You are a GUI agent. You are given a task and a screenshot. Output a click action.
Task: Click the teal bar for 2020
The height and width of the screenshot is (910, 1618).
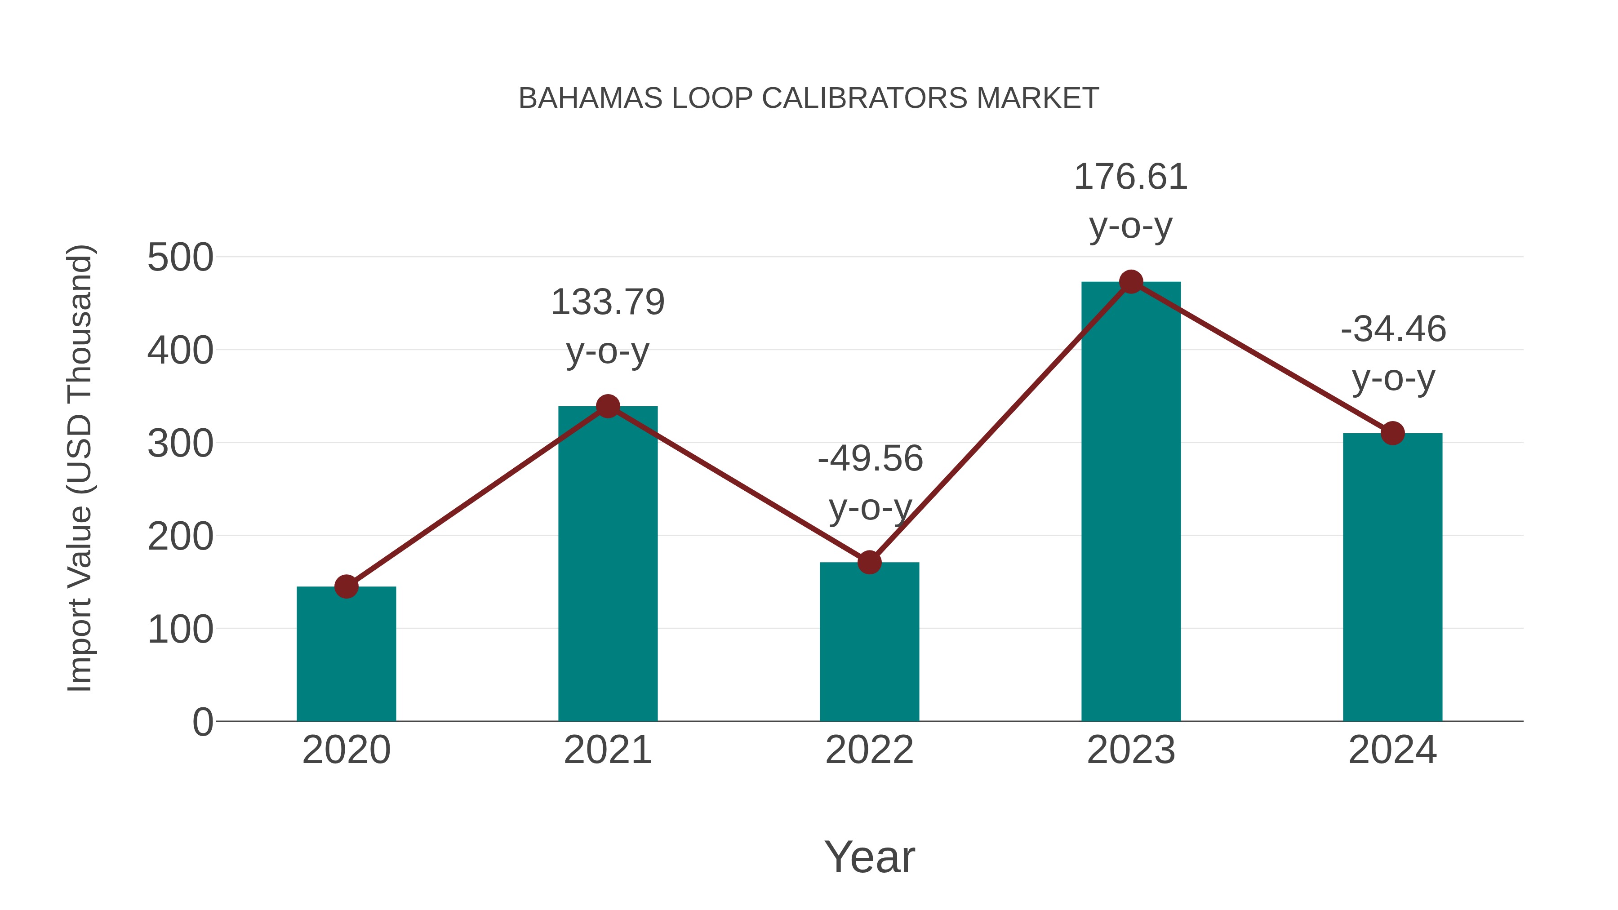(x=346, y=656)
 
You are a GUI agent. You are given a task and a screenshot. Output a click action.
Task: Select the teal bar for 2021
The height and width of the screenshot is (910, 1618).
(x=607, y=565)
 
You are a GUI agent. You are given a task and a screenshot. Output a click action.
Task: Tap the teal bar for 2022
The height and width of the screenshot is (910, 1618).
(x=869, y=644)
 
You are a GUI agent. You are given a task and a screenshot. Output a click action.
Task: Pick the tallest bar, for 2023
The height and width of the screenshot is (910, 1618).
(x=1131, y=502)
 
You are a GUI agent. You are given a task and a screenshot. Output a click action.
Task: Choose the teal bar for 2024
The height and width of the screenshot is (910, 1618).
(x=1392, y=578)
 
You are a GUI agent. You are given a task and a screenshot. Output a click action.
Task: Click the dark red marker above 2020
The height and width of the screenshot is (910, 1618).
(x=346, y=586)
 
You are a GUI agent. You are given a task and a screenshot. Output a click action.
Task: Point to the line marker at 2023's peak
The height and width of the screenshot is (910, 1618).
(x=1131, y=282)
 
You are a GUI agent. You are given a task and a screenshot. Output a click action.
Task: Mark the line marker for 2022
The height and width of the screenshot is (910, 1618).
(x=869, y=562)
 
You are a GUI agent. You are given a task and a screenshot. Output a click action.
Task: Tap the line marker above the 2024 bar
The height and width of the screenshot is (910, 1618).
(x=1392, y=433)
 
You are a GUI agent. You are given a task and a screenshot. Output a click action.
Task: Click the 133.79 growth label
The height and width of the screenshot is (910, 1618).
(x=607, y=302)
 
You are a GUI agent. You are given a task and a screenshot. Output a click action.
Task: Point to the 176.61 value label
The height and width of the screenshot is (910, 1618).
(x=1131, y=177)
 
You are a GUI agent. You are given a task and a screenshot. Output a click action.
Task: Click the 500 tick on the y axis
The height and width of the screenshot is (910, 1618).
(x=180, y=257)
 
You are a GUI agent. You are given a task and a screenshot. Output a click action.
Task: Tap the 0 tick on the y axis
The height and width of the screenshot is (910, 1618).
(x=202, y=722)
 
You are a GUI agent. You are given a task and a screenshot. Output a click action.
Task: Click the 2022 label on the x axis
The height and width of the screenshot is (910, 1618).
(x=869, y=750)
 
